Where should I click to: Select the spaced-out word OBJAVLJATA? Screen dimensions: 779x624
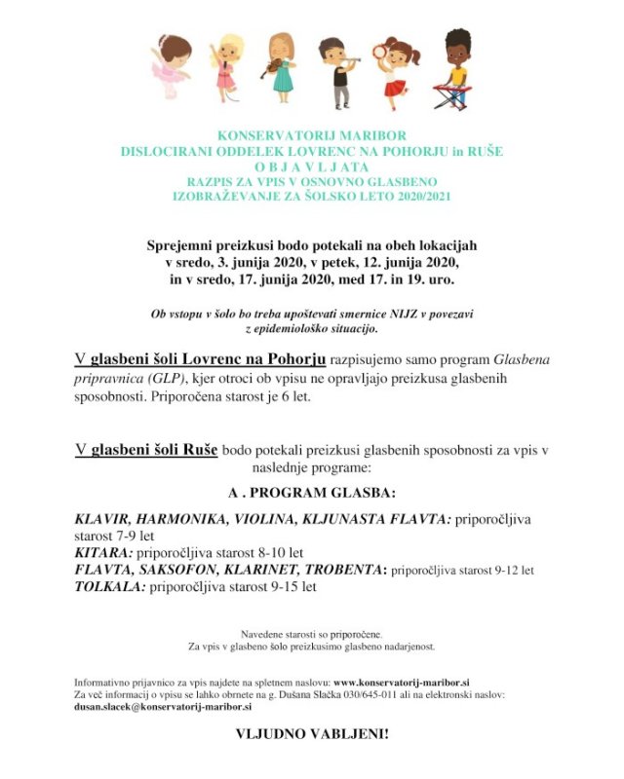312,166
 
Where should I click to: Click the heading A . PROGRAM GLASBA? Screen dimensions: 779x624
312,493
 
